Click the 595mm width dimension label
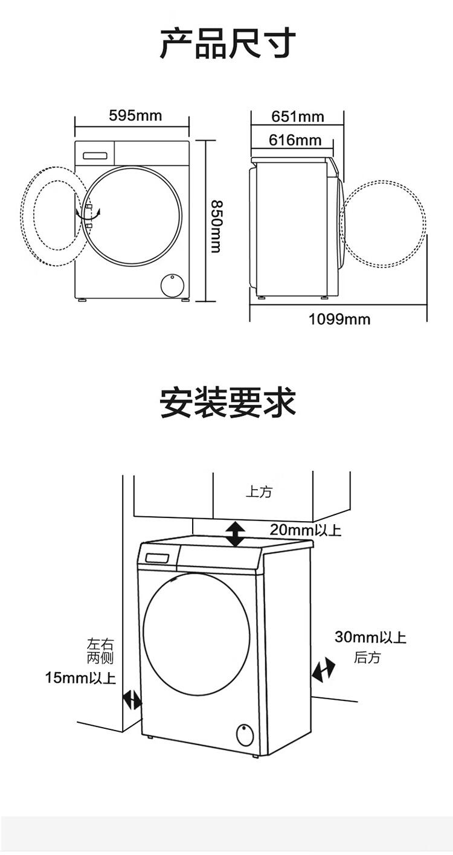click(135, 115)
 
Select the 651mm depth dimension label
click(298, 117)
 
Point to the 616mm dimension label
click(295, 140)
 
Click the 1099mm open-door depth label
click(339, 319)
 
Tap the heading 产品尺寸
click(228, 43)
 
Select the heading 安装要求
click(228, 403)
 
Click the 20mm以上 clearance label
click(305, 530)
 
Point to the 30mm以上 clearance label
click(370, 637)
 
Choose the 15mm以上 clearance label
click(80, 678)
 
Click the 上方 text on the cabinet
click(259, 492)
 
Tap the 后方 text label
click(367, 658)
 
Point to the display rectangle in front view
click(95, 155)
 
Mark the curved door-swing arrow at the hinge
click(88, 214)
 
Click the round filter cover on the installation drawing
click(245, 735)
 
